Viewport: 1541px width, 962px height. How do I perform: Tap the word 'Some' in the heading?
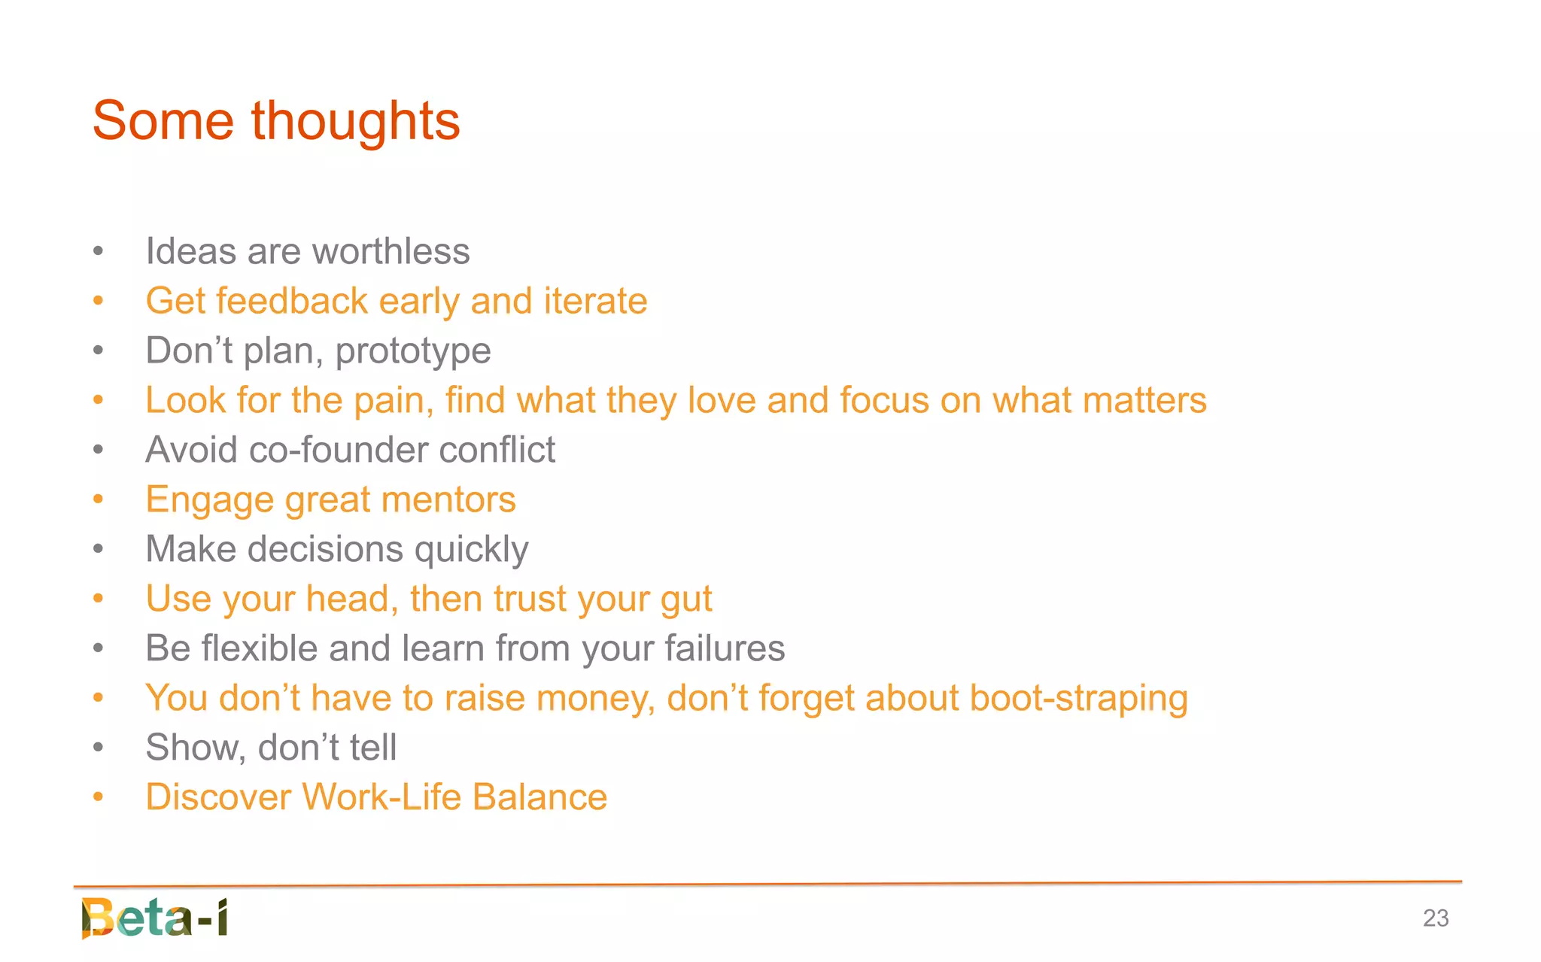point(163,122)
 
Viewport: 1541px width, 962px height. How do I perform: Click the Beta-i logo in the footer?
point(154,918)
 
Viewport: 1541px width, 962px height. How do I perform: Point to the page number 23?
point(1435,918)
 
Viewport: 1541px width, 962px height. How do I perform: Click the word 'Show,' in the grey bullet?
point(196,748)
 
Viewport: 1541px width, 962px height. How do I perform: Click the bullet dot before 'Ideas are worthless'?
point(98,251)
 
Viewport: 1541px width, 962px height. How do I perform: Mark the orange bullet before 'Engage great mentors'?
point(98,499)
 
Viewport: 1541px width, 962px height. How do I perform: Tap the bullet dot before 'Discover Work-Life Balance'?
point(98,797)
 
